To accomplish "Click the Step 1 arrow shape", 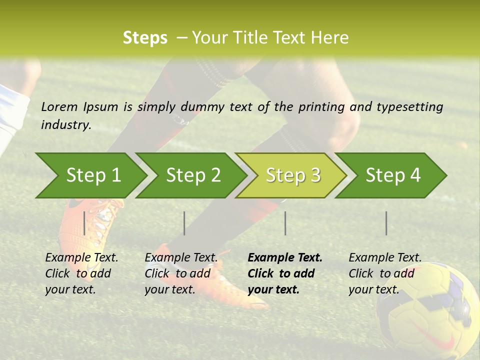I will coord(92,175).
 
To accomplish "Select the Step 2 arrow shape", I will coord(192,175).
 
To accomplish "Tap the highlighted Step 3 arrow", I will coord(292,175).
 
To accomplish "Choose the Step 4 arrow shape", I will coord(392,175).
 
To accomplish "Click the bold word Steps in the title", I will coord(145,38).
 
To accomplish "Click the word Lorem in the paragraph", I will coord(59,106).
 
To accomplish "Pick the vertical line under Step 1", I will coord(84,223).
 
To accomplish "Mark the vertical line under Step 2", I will coord(184,223).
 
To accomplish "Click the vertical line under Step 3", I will coord(285,223).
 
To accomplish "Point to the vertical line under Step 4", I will coord(386,223).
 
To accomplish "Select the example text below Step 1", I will coord(81,273).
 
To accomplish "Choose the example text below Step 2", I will coord(180,273).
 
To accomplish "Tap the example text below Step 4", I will coord(384,273).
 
